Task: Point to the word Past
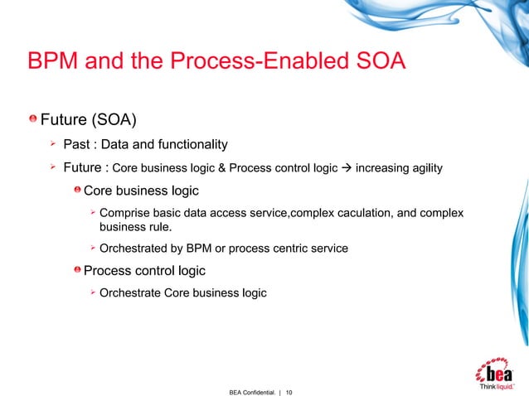click(77, 146)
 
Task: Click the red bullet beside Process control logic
click(76, 270)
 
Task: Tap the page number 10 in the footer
click(290, 389)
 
